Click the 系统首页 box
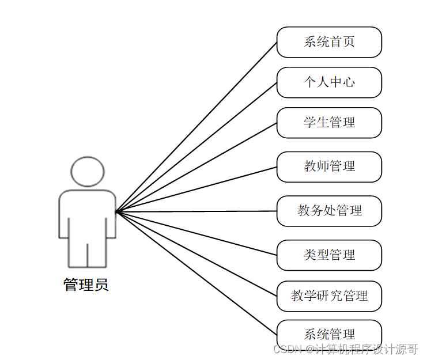tap(329, 42)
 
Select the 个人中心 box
tap(329, 82)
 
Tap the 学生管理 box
tap(329, 123)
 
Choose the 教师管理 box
tap(329, 167)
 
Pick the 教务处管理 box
tap(329, 211)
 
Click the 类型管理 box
tap(329, 255)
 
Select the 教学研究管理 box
tap(329, 296)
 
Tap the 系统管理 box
tap(329, 335)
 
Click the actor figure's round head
tap(88, 172)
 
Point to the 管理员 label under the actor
tap(86, 285)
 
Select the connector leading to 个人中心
tap(197, 147)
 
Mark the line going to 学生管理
tap(197, 167)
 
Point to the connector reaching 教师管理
tap(197, 190)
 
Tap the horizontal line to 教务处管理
tap(197, 211)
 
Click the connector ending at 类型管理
tap(197, 233)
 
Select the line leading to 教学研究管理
tap(197, 254)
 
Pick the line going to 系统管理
tap(197, 274)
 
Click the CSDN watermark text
tap(345, 349)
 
